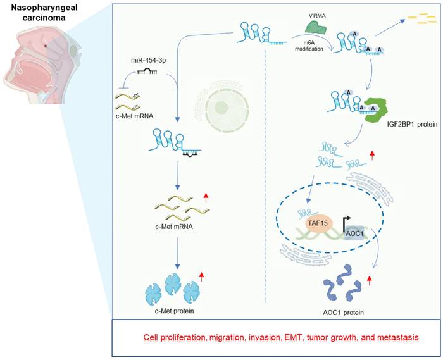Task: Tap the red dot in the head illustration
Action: (x=45, y=46)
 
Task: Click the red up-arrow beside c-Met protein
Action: (x=201, y=276)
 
